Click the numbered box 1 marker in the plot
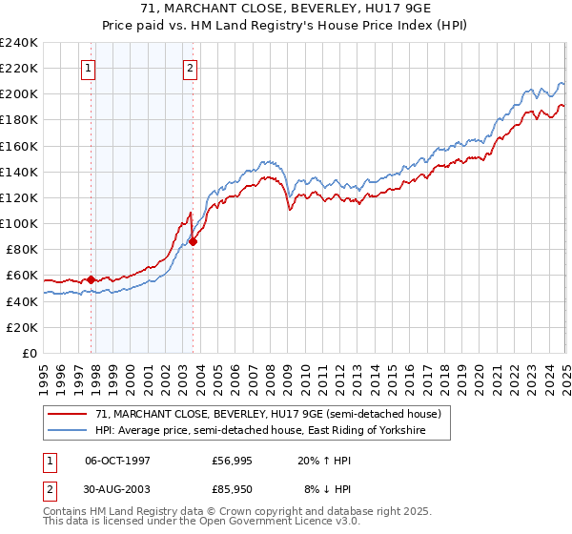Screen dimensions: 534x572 (88, 68)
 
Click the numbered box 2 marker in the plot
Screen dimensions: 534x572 (191, 68)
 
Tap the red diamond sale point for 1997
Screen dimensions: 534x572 (92, 279)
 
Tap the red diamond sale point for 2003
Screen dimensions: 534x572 (194, 241)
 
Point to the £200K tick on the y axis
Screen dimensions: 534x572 (19, 94)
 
